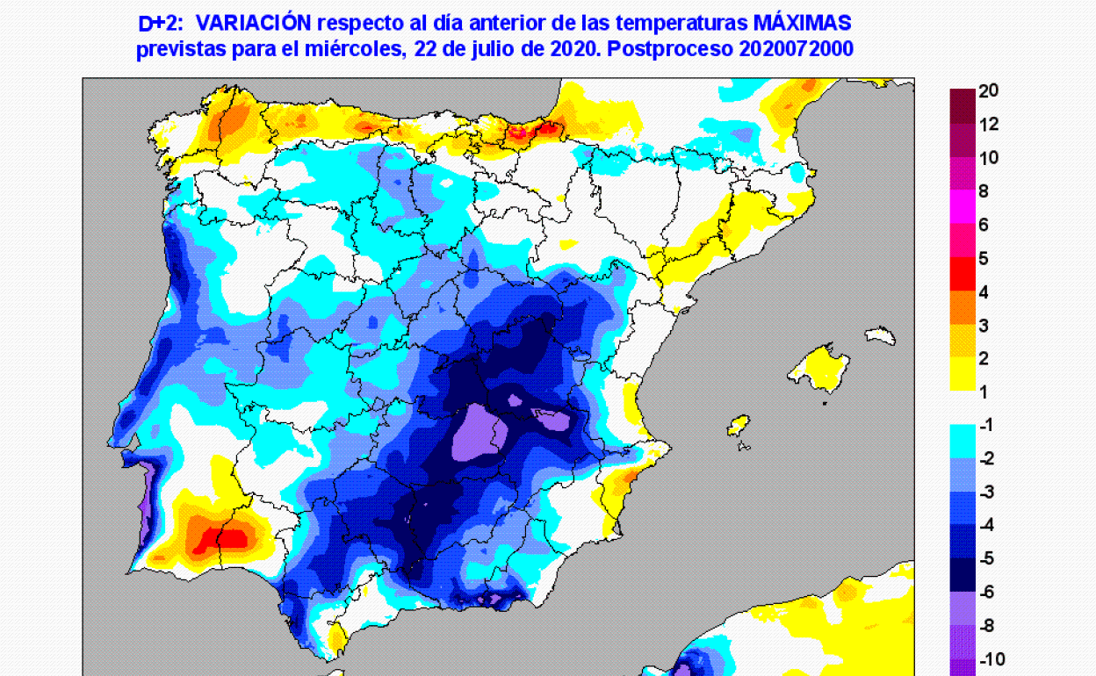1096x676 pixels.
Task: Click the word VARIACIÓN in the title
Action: pyautogui.click(x=259, y=22)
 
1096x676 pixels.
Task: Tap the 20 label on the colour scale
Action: pyautogui.click(x=989, y=90)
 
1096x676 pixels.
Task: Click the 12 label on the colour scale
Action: pyautogui.click(x=989, y=125)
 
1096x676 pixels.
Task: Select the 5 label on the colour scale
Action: pyautogui.click(x=984, y=258)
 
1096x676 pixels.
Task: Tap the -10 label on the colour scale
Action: pyautogui.click(x=991, y=659)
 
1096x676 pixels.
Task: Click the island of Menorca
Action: pyautogui.click(x=879, y=334)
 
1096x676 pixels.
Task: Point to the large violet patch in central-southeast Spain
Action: pyautogui.click(x=475, y=431)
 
